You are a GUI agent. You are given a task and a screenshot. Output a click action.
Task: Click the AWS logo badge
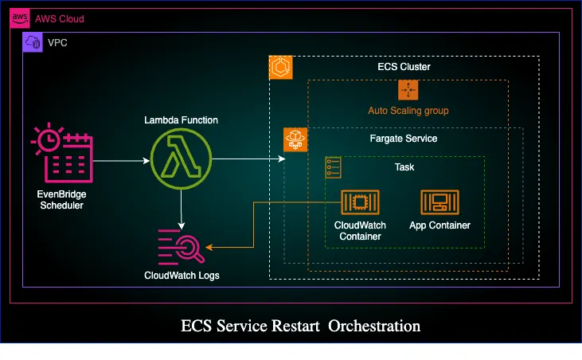20,18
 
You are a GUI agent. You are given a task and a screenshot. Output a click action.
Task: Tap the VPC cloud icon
33,43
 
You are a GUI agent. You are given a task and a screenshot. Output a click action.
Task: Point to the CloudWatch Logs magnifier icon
181,245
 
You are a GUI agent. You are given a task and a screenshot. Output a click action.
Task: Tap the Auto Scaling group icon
408,90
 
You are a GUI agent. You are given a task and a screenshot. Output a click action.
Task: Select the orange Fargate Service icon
295,140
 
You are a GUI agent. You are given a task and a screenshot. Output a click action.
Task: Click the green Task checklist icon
334,167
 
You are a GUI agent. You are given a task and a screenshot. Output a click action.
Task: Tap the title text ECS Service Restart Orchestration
300,326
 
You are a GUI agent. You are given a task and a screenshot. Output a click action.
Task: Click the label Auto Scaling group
408,110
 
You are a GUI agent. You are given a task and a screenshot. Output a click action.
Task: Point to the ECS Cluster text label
404,67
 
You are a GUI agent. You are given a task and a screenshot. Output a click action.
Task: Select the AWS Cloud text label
59,18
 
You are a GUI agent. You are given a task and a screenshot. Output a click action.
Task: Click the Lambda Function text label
181,120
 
